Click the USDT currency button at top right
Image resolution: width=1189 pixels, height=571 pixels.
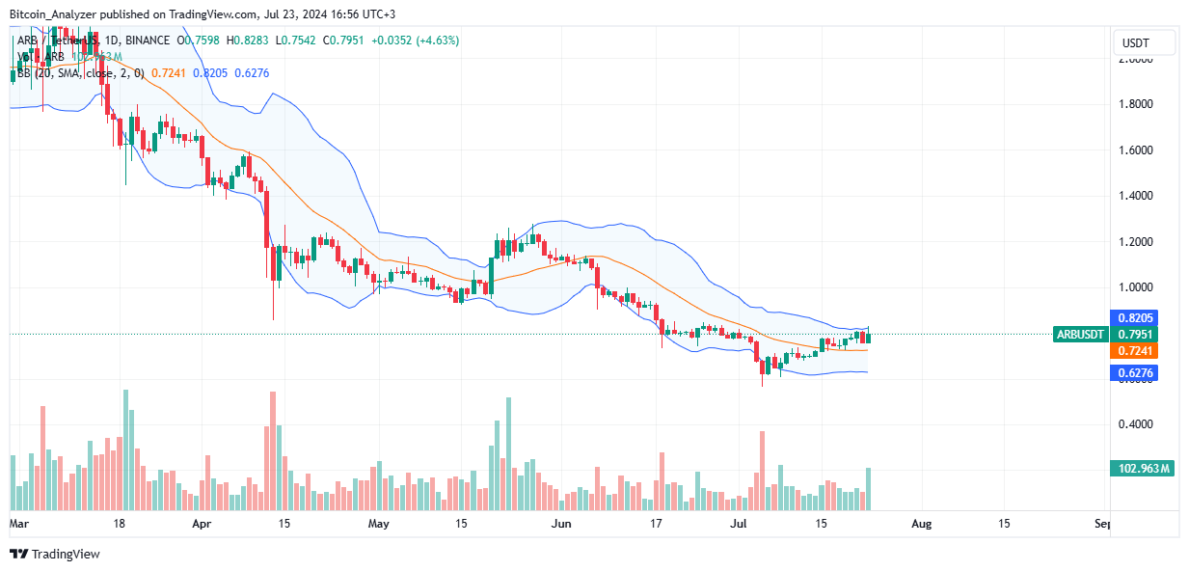coord(1145,42)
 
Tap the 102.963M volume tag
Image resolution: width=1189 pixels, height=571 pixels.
coord(1145,469)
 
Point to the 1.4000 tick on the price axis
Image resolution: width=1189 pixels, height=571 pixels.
coord(1137,196)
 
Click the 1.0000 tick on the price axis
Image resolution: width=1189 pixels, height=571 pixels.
coord(1137,287)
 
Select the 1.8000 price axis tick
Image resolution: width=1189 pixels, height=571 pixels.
coord(1137,104)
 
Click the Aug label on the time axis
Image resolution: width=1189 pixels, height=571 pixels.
coord(921,524)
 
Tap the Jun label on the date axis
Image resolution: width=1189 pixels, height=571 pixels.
coord(559,524)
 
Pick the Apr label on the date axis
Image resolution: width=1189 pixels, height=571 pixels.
coord(202,524)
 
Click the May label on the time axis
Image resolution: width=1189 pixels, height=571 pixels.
coord(379,524)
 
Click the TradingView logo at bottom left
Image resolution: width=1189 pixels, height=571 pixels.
coord(55,554)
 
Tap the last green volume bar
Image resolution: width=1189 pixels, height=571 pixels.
coord(869,489)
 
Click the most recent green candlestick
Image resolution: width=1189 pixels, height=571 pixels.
coord(869,336)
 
